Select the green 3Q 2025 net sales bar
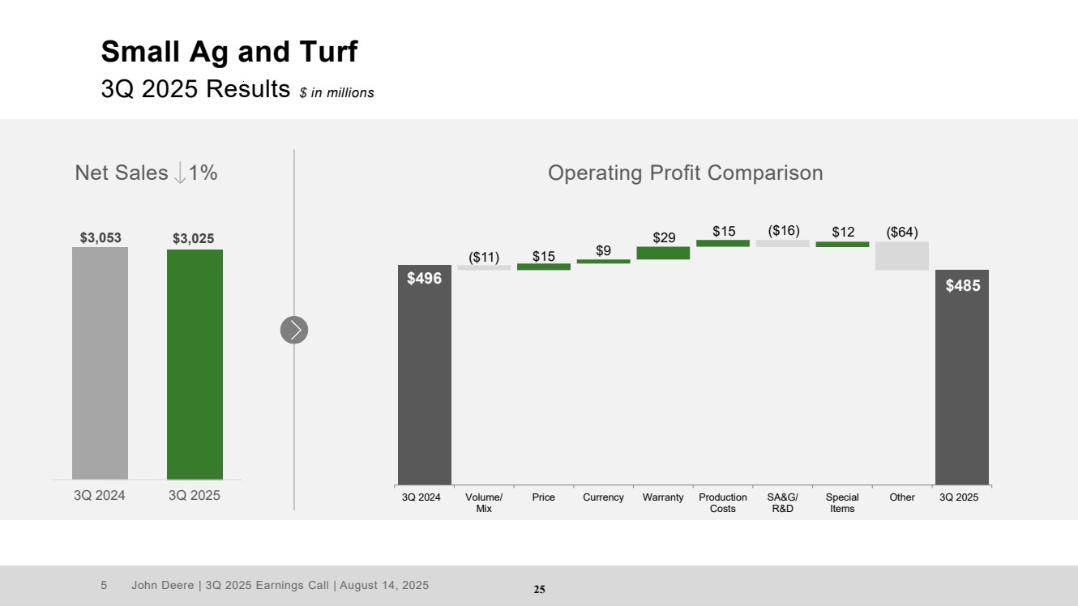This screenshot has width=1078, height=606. coord(195,365)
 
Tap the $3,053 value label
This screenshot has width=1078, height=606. coord(101,237)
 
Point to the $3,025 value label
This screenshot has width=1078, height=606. coord(194,238)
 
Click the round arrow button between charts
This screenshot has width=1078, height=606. coord(294,330)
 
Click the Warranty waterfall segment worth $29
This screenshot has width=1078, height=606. coord(663,253)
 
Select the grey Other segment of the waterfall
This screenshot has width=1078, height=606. coord(902,256)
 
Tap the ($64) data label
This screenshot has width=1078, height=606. coord(902,233)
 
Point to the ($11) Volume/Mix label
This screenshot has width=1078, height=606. coord(484,258)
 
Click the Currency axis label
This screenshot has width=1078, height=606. coord(603,497)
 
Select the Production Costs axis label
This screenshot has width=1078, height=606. coord(723,503)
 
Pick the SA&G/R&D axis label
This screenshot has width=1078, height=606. coord(783,503)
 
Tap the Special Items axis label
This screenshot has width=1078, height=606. coord(842,503)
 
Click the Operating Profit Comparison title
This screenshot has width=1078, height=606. coord(685,173)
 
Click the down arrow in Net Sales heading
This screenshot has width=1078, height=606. coord(180,173)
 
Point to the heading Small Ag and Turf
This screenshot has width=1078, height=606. coord(229,53)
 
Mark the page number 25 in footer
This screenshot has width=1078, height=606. coord(539,590)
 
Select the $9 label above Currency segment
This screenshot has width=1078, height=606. coord(603,251)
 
